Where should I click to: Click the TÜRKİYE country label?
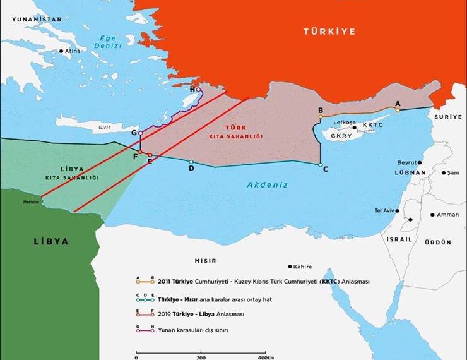click(329, 31)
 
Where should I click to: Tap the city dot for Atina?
click(61, 51)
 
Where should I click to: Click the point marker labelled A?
click(398, 110)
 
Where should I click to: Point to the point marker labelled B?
click(321, 117)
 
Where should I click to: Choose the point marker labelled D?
click(191, 162)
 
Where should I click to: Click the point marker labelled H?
click(199, 90)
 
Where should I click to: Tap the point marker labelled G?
click(141, 134)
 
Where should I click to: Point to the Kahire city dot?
click(290, 267)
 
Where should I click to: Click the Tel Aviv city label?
click(386, 210)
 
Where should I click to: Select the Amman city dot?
click(432, 215)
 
